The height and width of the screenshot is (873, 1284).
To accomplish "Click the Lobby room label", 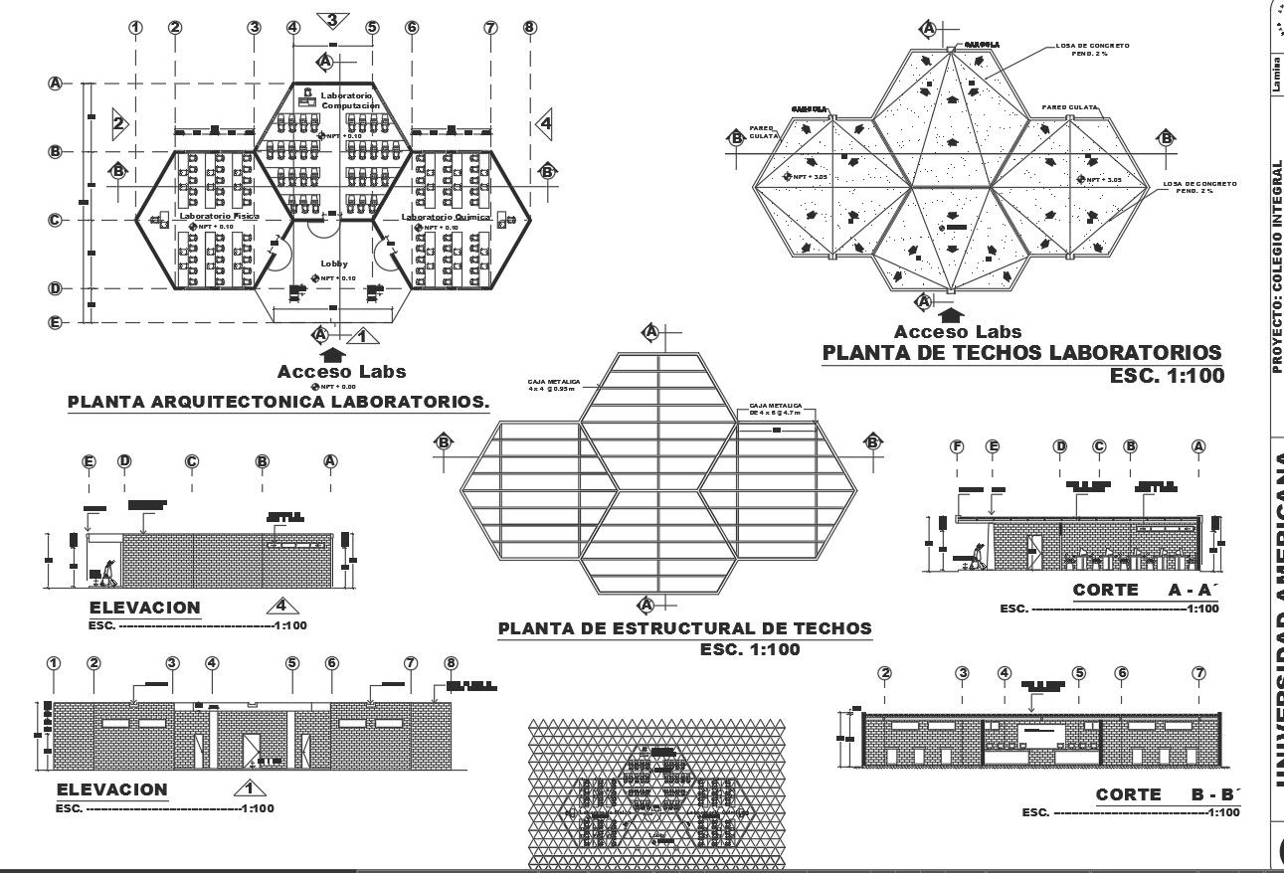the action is [334, 263].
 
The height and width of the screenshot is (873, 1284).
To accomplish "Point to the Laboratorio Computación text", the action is [349, 100].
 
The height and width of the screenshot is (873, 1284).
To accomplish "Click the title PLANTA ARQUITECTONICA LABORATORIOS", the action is [278, 403].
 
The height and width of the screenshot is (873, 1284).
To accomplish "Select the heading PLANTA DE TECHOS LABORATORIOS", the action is [1022, 353].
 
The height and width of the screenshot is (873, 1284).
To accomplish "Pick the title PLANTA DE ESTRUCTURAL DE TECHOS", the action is [684, 628].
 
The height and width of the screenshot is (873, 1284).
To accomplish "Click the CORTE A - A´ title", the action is [1145, 591].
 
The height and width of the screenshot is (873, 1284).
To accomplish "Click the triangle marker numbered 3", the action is [332, 20].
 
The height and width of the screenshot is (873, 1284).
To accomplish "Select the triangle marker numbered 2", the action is [118, 123].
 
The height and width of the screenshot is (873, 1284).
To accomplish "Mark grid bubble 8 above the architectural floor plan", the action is [529, 27].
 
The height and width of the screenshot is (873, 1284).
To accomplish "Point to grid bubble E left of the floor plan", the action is [56, 322].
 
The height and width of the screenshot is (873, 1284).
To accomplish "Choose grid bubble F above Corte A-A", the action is [958, 446].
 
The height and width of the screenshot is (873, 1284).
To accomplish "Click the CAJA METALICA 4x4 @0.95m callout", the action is [553, 385].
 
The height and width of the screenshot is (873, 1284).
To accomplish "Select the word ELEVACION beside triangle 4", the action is [144, 608].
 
